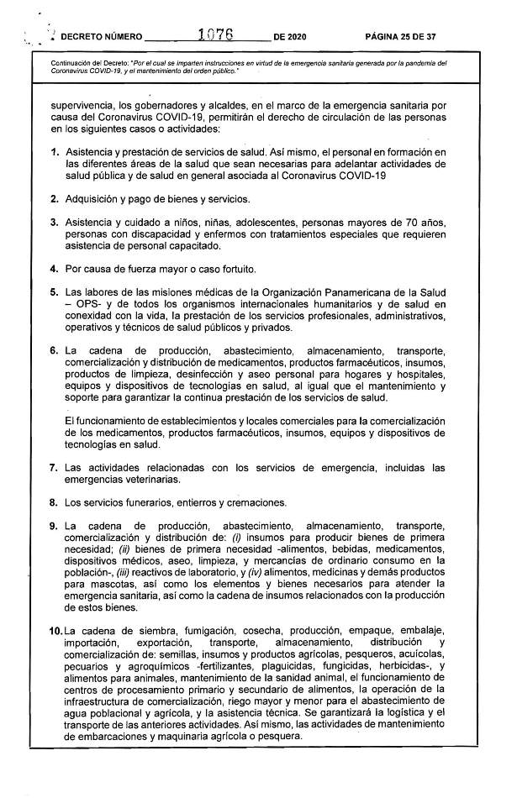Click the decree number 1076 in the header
coord(214,36)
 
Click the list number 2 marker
coord(54,199)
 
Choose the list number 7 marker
coord(54,467)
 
